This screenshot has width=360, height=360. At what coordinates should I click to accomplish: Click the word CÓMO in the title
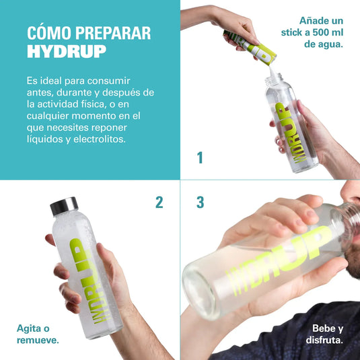coord(47,34)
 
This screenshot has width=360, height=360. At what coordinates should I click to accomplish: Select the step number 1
coord(200,158)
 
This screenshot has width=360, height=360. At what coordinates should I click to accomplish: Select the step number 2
coord(159,202)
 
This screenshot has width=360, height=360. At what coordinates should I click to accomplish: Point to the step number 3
coord(200,202)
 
